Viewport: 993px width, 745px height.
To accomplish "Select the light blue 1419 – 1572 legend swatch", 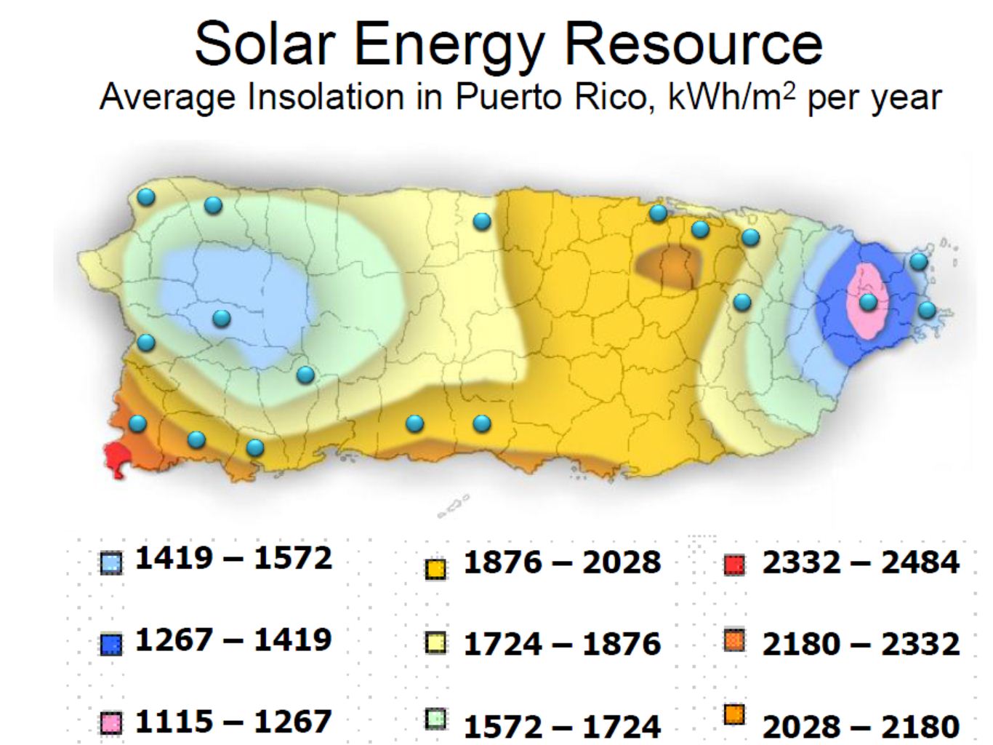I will click(x=111, y=562).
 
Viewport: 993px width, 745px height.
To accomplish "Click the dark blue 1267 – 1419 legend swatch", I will click(x=111, y=645).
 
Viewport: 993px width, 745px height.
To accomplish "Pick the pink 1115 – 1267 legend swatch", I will click(x=111, y=723).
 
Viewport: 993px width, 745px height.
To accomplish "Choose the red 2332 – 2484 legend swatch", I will click(x=735, y=565).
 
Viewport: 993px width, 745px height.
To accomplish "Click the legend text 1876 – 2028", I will click(x=562, y=562).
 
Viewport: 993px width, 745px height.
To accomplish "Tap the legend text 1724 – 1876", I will click(x=562, y=644).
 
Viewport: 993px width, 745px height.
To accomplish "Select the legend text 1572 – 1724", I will click(x=562, y=725).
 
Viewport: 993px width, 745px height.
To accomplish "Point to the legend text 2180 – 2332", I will click(x=861, y=644).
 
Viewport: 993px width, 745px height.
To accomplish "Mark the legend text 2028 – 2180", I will click(x=861, y=725).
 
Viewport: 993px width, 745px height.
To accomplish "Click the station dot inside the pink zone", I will click(x=868, y=301).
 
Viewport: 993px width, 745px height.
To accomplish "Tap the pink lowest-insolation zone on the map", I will click(x=865, y=320).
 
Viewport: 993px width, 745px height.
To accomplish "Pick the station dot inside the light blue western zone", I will click(x=221, y=318).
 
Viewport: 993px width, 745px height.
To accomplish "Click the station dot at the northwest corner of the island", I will click(x=146, y=196).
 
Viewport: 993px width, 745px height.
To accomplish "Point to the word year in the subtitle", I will click(x=909, y=97).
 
